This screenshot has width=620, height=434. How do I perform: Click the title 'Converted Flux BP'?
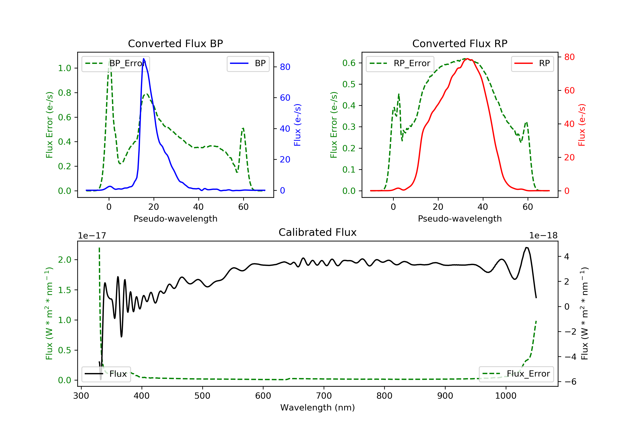tap(175, 43)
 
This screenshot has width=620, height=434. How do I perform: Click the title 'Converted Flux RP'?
tap(460, 43)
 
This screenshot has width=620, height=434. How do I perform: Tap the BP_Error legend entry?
tap(116, 63)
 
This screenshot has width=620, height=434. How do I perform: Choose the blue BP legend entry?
tap(248, 63)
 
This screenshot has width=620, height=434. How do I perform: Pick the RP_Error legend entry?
tap(400, 63)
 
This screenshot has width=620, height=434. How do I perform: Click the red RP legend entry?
tap(532, 63)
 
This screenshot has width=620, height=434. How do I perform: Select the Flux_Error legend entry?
tap(516, 374)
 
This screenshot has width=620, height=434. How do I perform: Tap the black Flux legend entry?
tap(106, 374)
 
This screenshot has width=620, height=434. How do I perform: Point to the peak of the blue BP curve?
tap(144, 59)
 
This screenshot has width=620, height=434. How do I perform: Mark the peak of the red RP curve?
tap(467, 59)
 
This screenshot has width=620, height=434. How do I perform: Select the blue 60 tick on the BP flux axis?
tap(285, 98)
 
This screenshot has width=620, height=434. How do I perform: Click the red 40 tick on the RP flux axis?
tap(569, 124)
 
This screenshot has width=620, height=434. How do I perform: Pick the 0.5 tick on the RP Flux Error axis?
tap(349, 84)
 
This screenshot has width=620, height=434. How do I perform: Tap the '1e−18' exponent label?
tap(543, 236)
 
